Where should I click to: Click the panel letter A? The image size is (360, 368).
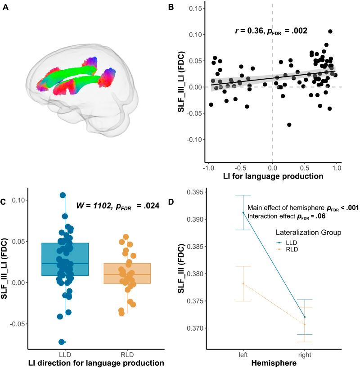coord(5,8)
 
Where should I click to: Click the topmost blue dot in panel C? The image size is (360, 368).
coord(63,195)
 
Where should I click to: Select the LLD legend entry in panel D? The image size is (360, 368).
coord(290,242)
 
